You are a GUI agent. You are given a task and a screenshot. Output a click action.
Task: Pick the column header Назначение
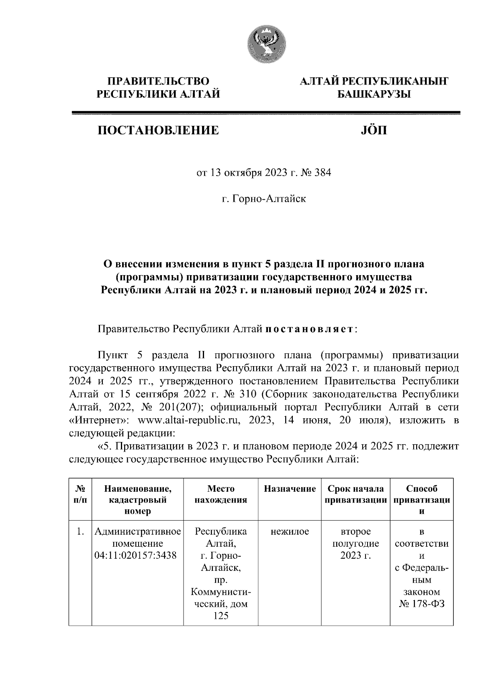(x=290, y=489)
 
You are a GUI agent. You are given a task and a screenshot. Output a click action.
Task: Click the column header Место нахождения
(x=221, y=495)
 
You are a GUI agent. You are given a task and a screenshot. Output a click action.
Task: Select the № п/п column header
(x=80, y=495)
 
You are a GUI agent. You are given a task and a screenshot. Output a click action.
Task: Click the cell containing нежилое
(x=290, y=532)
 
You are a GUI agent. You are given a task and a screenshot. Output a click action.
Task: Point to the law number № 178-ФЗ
(x=422, y=604)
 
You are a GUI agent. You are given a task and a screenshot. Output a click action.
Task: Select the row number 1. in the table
(x=80, y=532)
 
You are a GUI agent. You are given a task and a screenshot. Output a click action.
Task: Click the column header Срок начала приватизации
(x=355, y=495)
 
